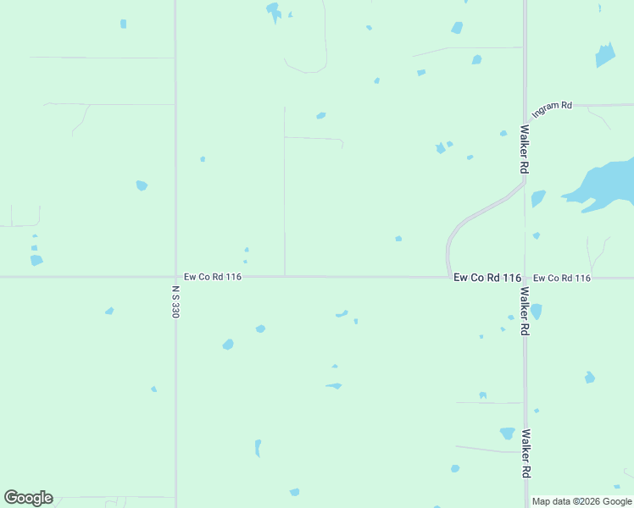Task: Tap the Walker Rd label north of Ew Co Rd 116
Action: pos(526,150)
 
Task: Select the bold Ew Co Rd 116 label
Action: pos(487,278)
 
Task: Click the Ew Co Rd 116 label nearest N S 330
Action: pos(214,277)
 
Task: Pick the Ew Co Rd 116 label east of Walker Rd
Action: pos(561,278)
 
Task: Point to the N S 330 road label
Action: pos(175,301)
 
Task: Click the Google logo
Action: pos(28,498)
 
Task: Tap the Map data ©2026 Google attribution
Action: pos(582,501)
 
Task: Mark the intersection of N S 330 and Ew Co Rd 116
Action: pos(175,277)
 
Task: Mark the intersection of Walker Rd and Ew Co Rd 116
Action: pos(526,277)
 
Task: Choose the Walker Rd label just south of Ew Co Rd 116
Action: pos(526,312)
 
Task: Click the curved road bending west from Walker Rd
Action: pos(475,215)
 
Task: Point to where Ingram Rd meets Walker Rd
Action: pos(526,119)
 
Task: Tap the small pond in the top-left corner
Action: pos(123,24)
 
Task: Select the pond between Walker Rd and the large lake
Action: pos(538,198)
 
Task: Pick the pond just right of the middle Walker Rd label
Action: pos(536,312)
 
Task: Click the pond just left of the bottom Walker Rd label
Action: pos(507,433)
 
